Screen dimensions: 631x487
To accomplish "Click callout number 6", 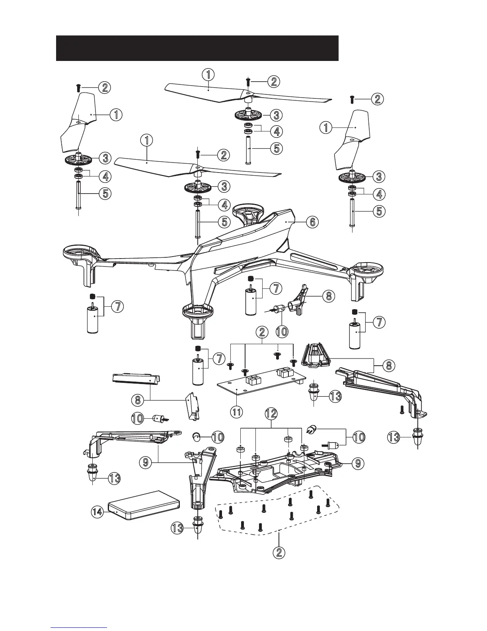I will [x=312, y=222].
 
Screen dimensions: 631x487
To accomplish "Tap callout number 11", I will [x=237, y=412].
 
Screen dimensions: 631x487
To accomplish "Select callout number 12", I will [x=271, y=415].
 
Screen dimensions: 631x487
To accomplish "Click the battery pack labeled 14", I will [x=145, y=505].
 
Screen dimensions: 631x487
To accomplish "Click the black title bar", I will [x=197, y=48].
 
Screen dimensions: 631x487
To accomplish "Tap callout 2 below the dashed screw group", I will [x=279, y=552].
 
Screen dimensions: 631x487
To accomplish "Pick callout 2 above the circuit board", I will [x=262, y=331].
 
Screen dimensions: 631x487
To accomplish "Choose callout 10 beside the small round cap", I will [x=218, y=437].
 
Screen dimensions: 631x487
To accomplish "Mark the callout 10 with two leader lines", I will [x=359, y=437].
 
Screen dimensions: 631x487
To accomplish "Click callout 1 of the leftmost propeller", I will [x=116, y=115].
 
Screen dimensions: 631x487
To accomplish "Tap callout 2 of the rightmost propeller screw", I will [x=377, y=99].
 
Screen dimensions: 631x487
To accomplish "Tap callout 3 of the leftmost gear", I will [x=105, y=158].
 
